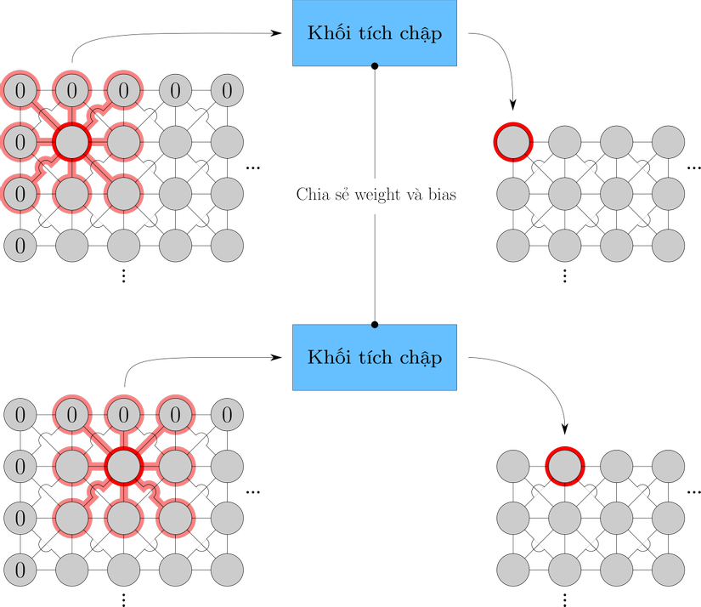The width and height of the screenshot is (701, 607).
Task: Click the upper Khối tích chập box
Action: tap(375, 34)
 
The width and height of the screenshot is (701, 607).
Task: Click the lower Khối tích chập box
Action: tap(375, 357)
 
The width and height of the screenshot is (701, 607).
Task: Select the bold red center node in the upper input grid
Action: tap(72, 141)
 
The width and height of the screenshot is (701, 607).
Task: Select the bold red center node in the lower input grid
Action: tap(123, 466)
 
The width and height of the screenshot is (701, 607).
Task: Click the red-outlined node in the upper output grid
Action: tap(513, 141)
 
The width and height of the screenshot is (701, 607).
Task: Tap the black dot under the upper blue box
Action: tap(375, 66)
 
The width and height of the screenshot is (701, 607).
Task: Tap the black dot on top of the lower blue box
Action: tap(375, 325)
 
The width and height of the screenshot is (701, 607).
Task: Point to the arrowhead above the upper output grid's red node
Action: tap(513, 105)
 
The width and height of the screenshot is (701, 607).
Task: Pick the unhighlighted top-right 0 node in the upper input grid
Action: tap(227, 89)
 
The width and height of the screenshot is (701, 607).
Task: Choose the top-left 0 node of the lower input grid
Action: tap(20, 415)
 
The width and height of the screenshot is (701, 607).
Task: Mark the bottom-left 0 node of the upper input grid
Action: tap(20, 247)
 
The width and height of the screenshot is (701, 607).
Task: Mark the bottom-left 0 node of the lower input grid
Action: tap(20, 568)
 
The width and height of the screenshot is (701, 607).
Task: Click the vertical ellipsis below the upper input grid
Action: tap(123, 275)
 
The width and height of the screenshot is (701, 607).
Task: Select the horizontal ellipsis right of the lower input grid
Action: tap(252, 492)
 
